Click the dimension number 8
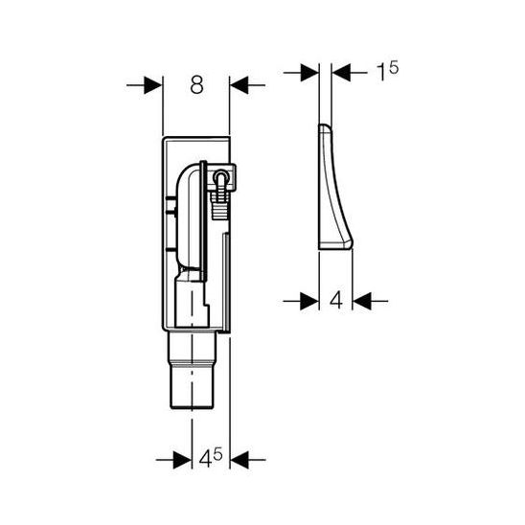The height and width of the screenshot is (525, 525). click(x=196, y=84)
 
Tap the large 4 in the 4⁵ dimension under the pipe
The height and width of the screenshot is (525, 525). click(x=205, y=460)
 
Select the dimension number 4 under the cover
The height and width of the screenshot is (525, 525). click(x=336, y=300)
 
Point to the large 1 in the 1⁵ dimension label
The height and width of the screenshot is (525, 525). click(x=380, y=72)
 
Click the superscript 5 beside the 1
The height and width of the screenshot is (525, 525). click(x=393, y=68)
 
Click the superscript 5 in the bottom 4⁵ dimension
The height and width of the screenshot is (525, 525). click(x=218, y=454)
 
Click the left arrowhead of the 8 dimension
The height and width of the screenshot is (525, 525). click(x=153, y=85)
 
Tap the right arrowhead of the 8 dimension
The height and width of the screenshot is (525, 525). click(x=240, y=85)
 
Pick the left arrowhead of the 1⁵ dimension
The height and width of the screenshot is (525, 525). click(x=309, y=72)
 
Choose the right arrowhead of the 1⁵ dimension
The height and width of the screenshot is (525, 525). click(x=341, y=72)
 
